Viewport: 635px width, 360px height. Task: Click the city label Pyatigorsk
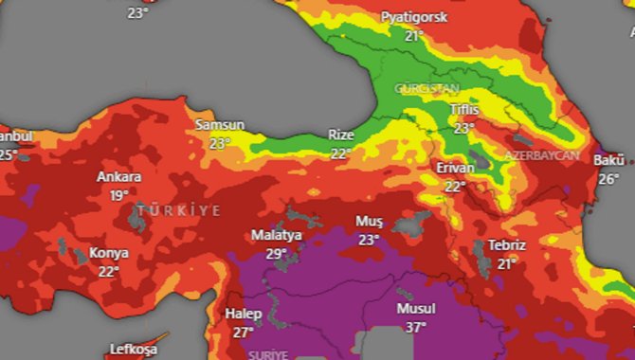[413, 18]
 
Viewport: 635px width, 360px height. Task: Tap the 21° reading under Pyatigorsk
[413, 36]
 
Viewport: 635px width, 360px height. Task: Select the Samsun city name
[220, 125]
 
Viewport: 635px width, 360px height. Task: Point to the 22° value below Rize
[340, 152]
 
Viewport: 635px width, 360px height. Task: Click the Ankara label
[118, 177]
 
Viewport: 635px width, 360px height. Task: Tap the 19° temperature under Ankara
[118, 195]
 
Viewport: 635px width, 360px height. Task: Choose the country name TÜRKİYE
[178, 209]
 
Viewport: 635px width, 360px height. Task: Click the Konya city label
[109, 253]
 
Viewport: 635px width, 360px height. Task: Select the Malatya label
[276, 235]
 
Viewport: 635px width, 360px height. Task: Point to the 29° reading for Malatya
[276, 253]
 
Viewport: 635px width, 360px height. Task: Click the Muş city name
[368, 221]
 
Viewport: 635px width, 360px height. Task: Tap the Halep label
[243, 314]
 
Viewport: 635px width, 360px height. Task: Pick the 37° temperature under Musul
[416, 327]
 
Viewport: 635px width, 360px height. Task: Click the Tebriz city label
[506, 244]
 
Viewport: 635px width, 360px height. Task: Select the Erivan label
[455, 168]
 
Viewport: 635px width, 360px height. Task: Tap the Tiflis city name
[464, 110]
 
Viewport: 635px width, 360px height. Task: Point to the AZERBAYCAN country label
[542, 154]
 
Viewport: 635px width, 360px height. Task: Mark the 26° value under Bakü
[608, 178]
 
